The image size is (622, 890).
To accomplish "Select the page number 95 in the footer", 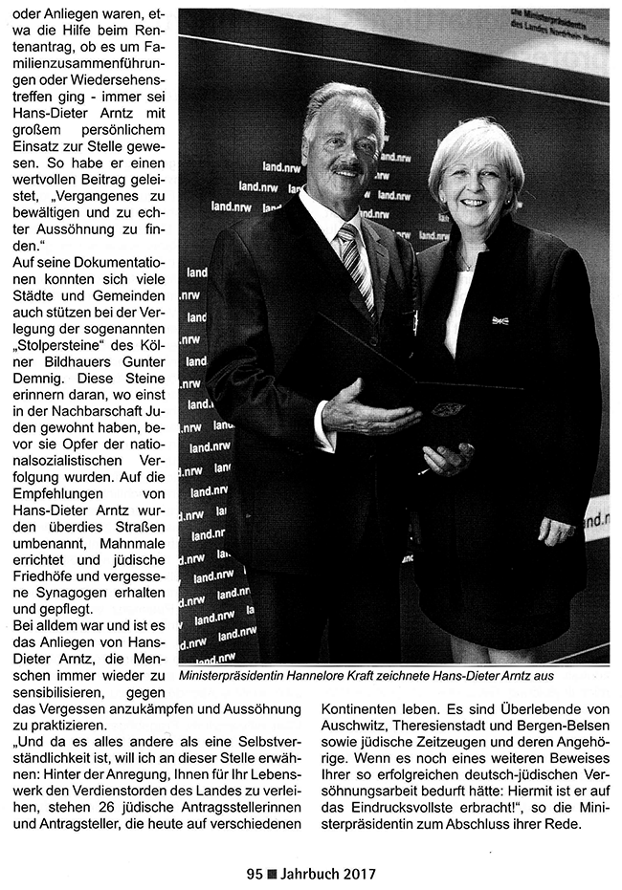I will [254, 873].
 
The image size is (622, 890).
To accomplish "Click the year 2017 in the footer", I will [358, 873].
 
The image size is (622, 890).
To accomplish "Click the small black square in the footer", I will [272, 873].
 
